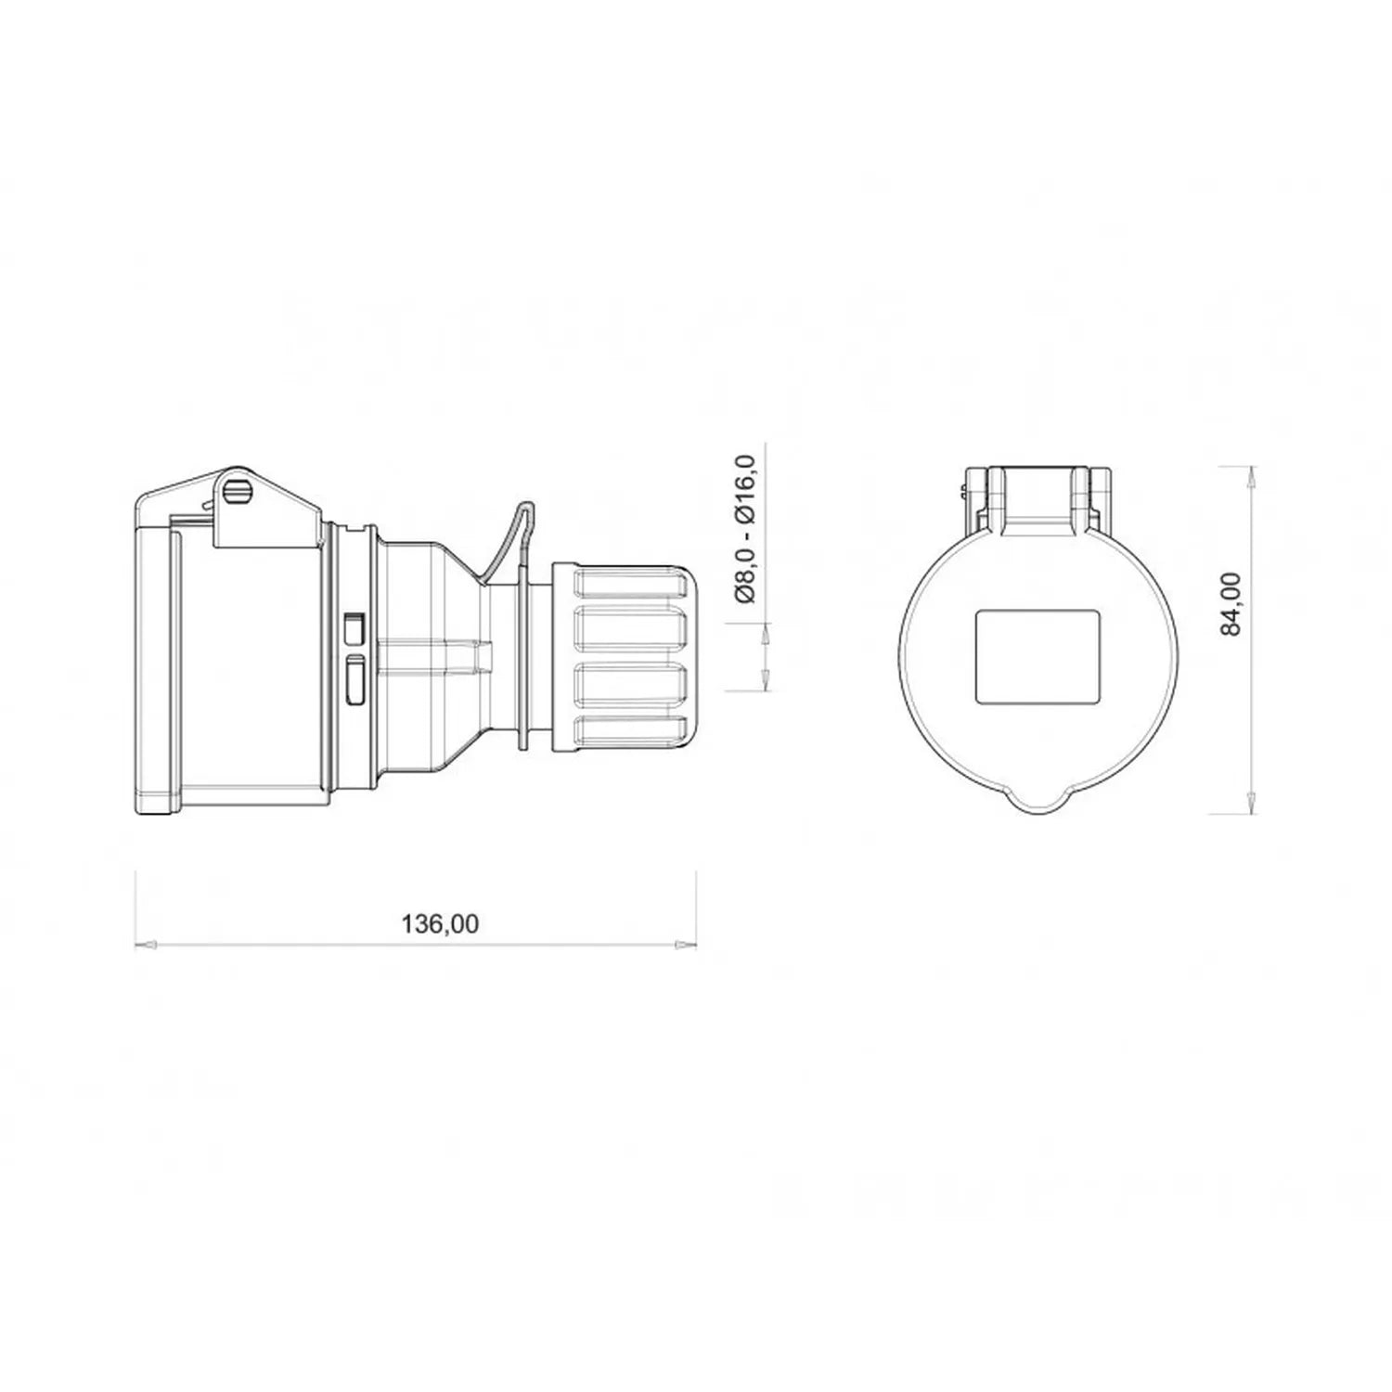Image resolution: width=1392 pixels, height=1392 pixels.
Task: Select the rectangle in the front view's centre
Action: pyautogui.click(x=1038, y=656)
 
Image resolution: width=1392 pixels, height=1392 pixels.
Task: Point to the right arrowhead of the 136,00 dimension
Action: pyautogui.click(x=686, y=945)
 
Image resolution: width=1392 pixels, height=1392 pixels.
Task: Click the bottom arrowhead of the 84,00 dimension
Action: pyautogui.click(x=1253, y=803)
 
